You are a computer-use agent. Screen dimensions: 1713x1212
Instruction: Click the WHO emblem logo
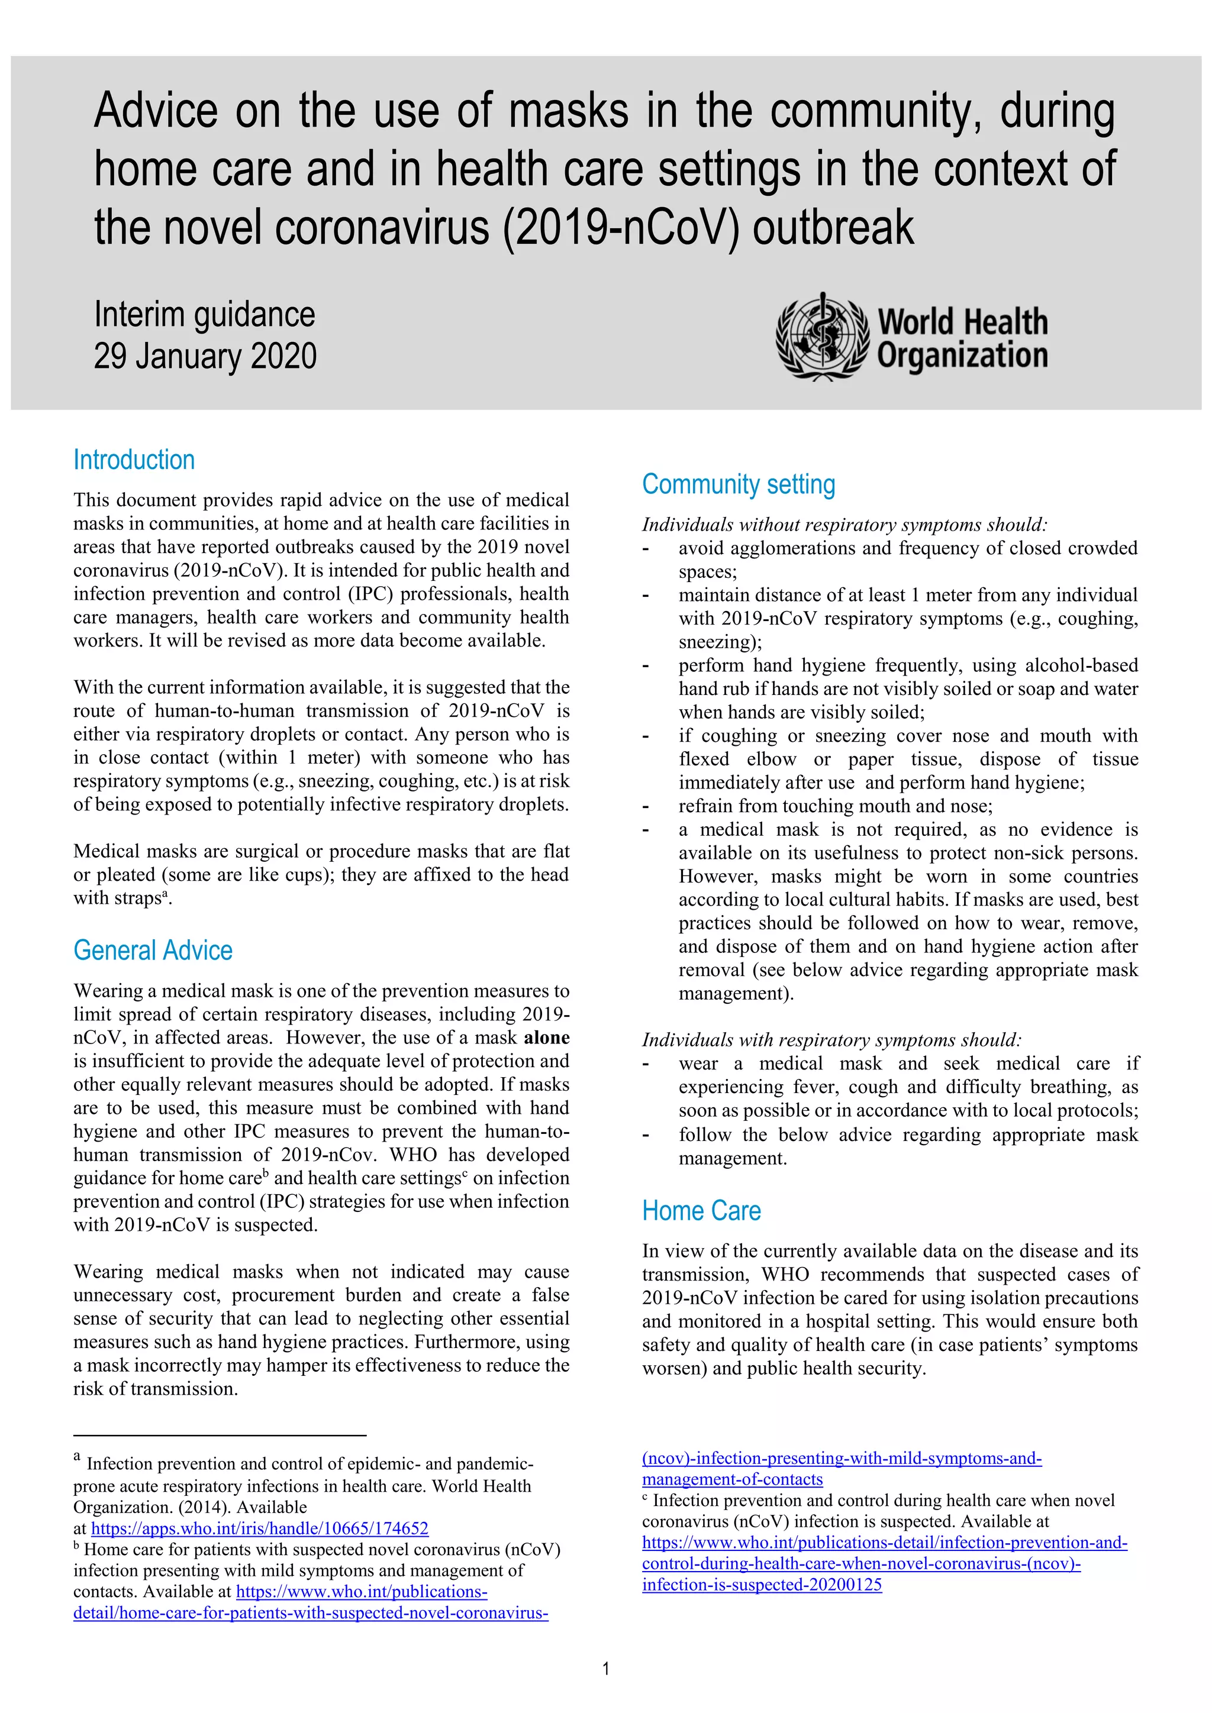coord(821,337)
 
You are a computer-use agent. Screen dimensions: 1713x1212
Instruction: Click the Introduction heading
coord(134,460)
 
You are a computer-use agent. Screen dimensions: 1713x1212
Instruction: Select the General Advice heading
coord(153,951)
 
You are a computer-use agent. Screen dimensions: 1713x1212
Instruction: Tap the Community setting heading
coord(738,484)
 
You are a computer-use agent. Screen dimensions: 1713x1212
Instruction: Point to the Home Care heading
coord(701,1211)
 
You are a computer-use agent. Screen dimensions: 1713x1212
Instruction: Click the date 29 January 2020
coord(205,356)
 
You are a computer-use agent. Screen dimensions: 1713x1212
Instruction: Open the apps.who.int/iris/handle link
coord(260,1528)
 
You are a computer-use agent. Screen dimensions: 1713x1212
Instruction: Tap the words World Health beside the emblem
coord(962,322)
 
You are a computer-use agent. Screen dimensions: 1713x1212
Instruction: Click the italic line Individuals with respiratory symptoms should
coord(831,1040)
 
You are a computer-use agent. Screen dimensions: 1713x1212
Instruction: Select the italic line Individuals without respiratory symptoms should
coord(844,525)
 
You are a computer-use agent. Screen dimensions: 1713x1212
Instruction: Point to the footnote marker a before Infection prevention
coord(77,1456)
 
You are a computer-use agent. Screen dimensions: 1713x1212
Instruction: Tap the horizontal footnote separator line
coord(220,1435)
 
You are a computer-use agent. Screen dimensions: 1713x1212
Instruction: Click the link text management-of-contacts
coord(732,1479)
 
